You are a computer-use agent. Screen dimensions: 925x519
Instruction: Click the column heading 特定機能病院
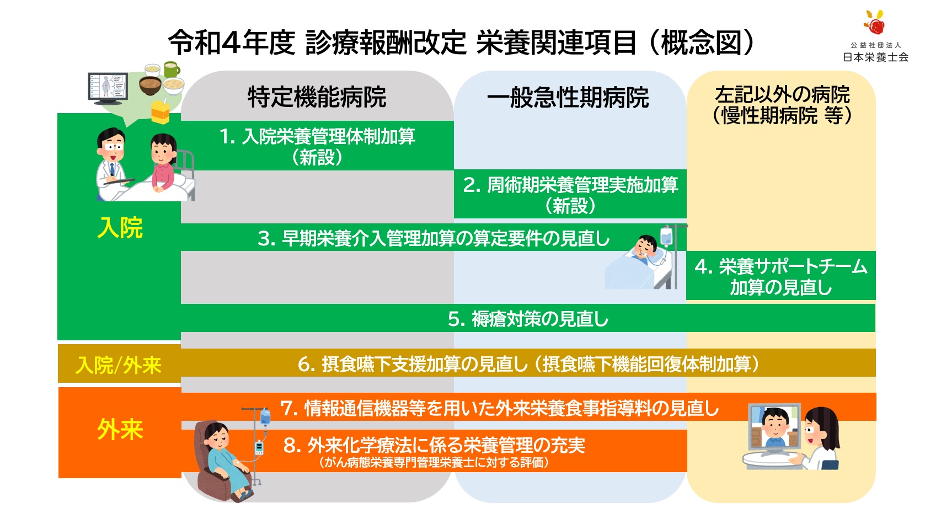pos(317,98)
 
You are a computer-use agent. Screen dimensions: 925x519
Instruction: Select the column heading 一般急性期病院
pos(568,98)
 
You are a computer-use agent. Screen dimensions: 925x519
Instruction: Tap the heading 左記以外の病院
pos(782,94)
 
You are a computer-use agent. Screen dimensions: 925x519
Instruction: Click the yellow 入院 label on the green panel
pos(120,227)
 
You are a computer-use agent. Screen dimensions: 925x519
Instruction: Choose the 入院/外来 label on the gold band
pos(119,366)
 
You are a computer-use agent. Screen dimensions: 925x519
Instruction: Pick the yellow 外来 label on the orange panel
pos(120,430)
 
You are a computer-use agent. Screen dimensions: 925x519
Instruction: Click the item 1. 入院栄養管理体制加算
pos(317,136)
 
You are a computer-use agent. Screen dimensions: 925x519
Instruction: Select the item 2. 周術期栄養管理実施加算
pos(570,185)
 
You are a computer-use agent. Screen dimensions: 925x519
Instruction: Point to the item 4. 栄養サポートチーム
pos(781,266)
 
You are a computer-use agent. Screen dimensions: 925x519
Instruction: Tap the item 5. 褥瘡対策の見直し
pos(528,319)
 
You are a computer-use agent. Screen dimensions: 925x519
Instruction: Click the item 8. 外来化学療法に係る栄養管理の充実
pos(434,446)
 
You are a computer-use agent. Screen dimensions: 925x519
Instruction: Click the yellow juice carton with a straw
pos(161,111)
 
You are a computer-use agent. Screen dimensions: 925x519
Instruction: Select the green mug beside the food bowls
pos(172,69)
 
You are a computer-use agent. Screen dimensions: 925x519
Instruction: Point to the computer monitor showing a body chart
pos(108,88)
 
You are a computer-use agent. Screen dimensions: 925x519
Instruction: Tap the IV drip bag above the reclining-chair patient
pos(265,416)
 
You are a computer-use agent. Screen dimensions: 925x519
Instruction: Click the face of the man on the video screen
pos(775,426)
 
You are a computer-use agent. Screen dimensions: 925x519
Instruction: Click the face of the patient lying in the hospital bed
pos(645,248)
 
